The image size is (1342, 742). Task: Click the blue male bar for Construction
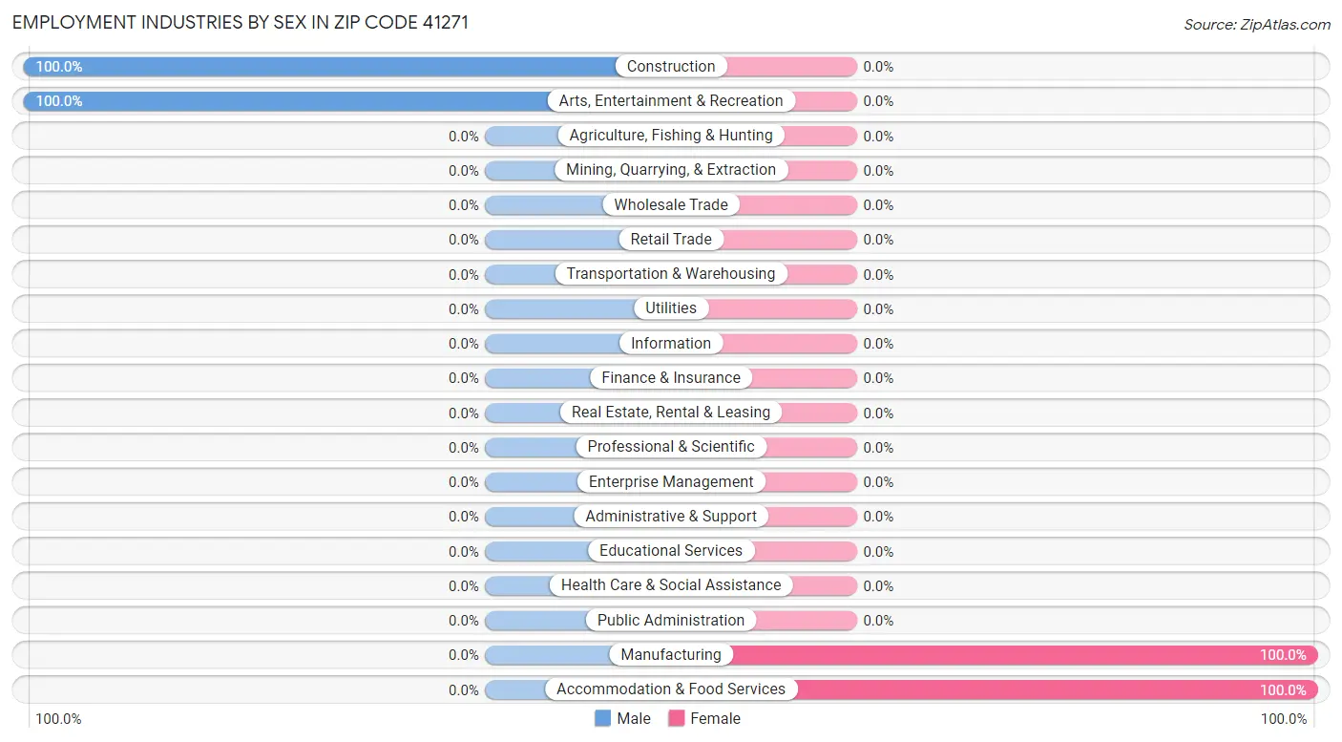click(320, 67)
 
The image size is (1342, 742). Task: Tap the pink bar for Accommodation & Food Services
click(1050, 689)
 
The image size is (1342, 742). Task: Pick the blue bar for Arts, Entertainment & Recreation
click(286, 101)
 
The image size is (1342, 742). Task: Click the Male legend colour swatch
click(602, 718)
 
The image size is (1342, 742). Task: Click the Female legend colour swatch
click(677, 718)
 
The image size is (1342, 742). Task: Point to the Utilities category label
click(671, 308)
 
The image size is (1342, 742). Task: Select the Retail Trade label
click(671, 240)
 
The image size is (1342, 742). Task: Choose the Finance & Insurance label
click(671, 378)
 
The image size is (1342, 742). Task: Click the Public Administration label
click(671, 621)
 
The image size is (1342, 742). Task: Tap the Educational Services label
click(671, 551)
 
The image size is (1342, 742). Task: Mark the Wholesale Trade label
click(671, 205)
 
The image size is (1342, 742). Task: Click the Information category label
click(671, 344)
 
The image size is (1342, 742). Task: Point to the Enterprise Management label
click(671, 482)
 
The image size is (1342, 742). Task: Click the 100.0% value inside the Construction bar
click(59, 67)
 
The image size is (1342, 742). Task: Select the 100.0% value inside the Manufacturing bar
click(1283, 655)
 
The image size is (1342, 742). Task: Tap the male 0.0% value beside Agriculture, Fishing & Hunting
click(464, 137)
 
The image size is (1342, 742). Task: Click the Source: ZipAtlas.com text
click(1256, 24)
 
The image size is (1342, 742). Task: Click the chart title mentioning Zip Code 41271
click(240, 22)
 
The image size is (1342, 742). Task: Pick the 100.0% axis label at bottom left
click(58, 719)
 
